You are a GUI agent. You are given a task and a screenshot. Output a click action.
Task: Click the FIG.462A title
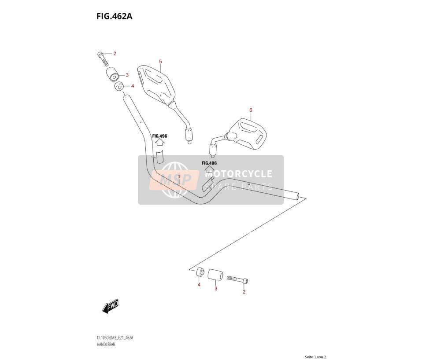pyautogui.click(x=115, y=16)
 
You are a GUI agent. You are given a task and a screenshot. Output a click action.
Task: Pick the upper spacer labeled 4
pyautogui.click(x=118, y=86)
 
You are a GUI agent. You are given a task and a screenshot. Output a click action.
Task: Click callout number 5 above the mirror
pyautogui.click(x=160, y=62)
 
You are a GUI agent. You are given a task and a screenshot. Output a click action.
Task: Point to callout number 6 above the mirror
pyautogui.click(x=251, y=110)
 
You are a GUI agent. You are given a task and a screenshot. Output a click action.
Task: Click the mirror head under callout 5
pyautogui.click(x=156, y=84)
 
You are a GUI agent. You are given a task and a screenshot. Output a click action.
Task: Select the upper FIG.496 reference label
pyautogui.click(x=159, y=136)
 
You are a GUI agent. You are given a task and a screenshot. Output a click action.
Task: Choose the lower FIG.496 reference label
pyautogui.click(x=209, y=163)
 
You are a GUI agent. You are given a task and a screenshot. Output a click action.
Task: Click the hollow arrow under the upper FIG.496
pyautogui.click(x=160, y=142)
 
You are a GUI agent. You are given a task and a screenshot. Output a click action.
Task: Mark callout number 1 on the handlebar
pyautogui.click(x=179, y=176)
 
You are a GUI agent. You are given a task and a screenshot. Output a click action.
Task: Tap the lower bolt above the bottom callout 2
pyautogui.click(x=237, y=279)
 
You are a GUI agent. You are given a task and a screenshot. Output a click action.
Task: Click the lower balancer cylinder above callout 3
pyautogui.click(x=215, y=275)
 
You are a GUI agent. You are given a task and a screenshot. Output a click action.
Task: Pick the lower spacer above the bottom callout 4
pyautogui.click(x=200, y=272)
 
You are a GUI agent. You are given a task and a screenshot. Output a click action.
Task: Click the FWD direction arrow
pyautogui.click(x=110, y=306)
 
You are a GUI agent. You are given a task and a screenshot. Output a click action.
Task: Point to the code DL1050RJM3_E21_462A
pyautogui.click(x=115, y=338)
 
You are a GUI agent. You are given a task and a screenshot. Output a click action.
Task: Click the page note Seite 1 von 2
pyautogui.click(x=315, y=357)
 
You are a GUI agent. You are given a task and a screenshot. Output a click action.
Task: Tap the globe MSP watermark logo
pyautogui.click(x=175, y=180)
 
